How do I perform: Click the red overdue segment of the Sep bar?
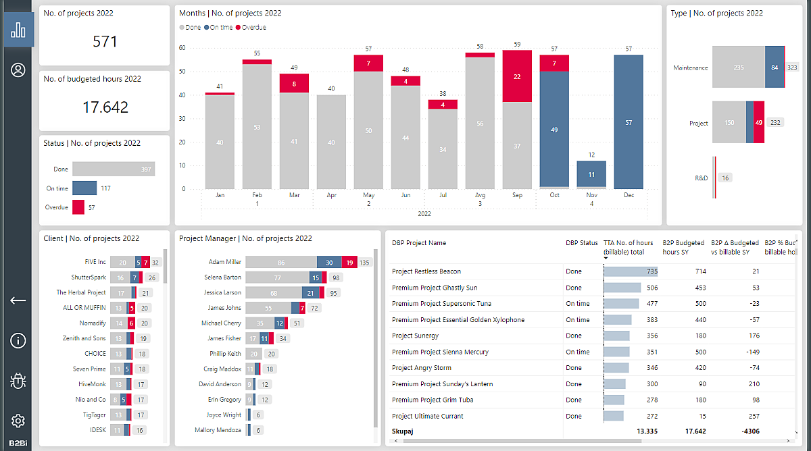tap(517, 76)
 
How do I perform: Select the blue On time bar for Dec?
tap(629, 122)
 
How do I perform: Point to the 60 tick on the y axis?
tap(182, 48)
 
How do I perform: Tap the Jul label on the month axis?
tap(443, 195)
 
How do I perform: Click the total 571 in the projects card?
tap(105, 42)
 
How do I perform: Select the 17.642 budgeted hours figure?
tap(105, 107)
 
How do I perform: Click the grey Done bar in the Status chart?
tap(113, 169)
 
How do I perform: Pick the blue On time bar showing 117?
tap(84, 188)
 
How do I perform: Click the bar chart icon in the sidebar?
tap(18, 30)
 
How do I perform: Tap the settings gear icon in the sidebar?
tap(18, 421)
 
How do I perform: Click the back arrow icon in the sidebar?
tap(18, 300)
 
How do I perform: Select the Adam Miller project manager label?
tap(224, 262)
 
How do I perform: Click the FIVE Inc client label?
tap(91, 262)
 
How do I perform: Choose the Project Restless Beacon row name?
tap(426, 271)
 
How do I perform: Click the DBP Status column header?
tap(582, 243)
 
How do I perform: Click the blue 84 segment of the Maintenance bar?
tap(774, 68)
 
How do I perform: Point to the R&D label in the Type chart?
tap(701, 178)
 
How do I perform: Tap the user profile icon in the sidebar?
tap(18, 70)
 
